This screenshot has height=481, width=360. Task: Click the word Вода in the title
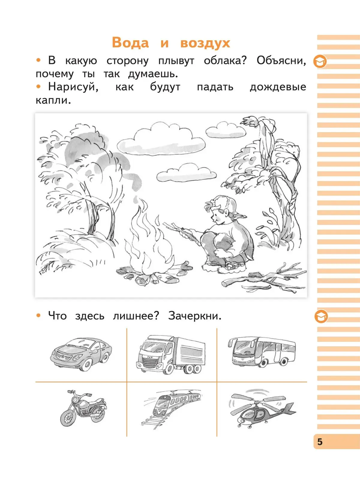coord(130,43)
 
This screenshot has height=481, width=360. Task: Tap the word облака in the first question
coord(225,61)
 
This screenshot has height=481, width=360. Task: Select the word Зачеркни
coord(195,316)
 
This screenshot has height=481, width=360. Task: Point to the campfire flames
coord(149,239)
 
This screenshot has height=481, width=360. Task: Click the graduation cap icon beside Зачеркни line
coord(321,316)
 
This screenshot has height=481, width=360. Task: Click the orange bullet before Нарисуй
coord(39,87)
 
